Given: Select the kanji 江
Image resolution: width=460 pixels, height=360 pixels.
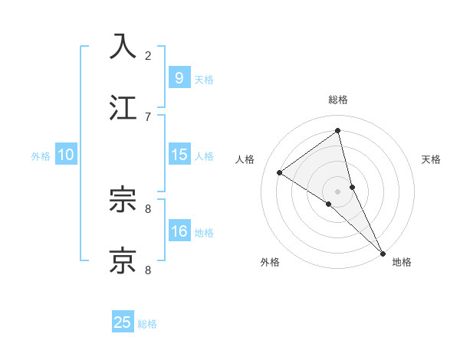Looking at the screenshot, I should pyautogui.click(x=123, y=107).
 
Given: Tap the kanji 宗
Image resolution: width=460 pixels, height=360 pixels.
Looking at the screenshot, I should pyautogui.click(x=123, y=201).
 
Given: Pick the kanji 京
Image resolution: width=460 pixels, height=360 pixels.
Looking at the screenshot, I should pyautogui.click(x=123, y=260).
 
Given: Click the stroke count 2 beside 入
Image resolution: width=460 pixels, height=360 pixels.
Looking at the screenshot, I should pyautogui.click(x=148, y=55).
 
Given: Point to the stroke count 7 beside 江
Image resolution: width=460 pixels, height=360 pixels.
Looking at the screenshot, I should pyautogui.click(x=148, y=116).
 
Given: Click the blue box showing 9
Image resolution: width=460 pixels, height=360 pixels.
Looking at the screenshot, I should pyautogui.click(x=179, y=77).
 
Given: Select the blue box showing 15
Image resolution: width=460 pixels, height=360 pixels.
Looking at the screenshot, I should pyautogui.click(x=179, y=155).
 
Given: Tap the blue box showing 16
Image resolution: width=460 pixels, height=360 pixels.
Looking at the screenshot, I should pyautogui.click(x=179, y=231).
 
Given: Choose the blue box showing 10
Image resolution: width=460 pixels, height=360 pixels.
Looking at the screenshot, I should pyautogui.click(x=66, y=155).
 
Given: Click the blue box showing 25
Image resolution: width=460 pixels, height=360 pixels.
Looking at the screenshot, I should pyautogui.click(x=123, y=322).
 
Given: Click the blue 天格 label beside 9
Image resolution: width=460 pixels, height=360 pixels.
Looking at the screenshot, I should pyautogui.click(x=203, y=79).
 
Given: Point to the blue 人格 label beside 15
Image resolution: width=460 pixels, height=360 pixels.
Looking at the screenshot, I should pyautogui.click(x=203, y=156).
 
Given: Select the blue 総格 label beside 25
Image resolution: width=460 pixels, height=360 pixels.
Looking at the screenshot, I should pyautogui.click(x=147, y=324).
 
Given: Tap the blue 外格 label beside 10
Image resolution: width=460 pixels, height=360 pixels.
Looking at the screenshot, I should pyautogui.click(x=41, y=156).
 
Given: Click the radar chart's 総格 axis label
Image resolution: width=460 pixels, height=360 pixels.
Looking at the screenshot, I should pyautogui.click(x=338, y=100).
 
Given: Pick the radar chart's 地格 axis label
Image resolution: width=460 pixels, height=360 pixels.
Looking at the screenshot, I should pyautogui.click(x=402, y=262).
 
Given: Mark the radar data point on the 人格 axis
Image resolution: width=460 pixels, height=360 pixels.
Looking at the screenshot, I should pyautogui.click(x=280, y=173).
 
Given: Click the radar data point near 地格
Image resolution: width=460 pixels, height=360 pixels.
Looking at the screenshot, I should pyautogui.click(x=382, y=252).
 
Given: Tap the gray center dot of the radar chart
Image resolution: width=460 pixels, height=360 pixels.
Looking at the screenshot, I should pyautogui.click(x=338, y=191).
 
